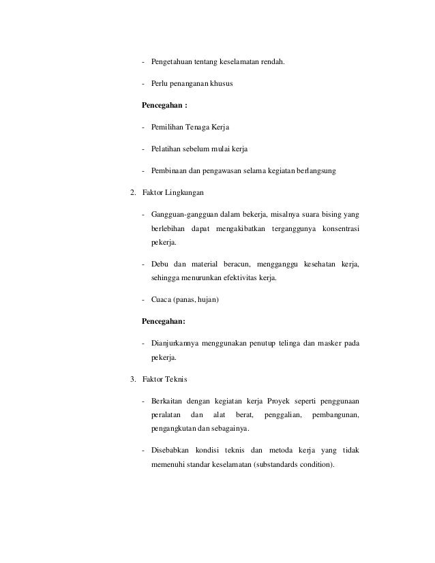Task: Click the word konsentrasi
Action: (338, 228)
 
